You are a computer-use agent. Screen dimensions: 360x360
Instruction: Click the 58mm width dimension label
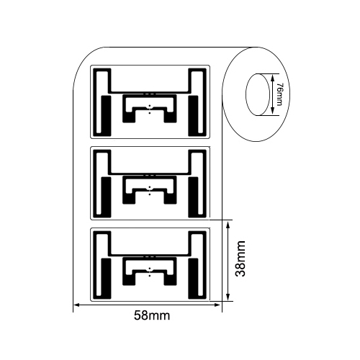(152, 315)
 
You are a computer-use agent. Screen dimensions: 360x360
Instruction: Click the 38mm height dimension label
(240, 258)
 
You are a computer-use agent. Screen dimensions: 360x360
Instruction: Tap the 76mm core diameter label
(279, 94)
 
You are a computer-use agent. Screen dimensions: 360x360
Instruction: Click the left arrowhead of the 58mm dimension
(77, 305)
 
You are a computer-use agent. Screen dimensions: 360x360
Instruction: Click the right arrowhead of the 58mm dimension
(217, 305)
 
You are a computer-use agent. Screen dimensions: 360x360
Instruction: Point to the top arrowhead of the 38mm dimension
(228, 225)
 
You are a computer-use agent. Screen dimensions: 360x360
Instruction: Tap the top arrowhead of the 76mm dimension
(272, 78)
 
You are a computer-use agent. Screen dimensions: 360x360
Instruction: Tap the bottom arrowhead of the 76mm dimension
(272, 111)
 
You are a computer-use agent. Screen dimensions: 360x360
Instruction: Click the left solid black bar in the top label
(106, 116)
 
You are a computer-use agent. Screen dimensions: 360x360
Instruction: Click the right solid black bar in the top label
(194, 116)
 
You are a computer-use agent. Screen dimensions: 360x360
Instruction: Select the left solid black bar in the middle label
(106, 197)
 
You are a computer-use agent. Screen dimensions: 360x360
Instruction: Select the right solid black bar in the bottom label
(194, 279)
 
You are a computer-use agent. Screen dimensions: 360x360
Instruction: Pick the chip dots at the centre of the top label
(150, 109)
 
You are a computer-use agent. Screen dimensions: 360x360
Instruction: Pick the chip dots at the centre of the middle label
(150, 191)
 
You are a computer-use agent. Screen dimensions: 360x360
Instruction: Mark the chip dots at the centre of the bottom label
(150, 272)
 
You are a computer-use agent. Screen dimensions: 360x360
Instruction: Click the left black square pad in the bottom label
(129, 279)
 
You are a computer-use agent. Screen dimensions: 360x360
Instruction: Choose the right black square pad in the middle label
(171, 198)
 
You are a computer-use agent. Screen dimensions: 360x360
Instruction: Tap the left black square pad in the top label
(129, 117)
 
